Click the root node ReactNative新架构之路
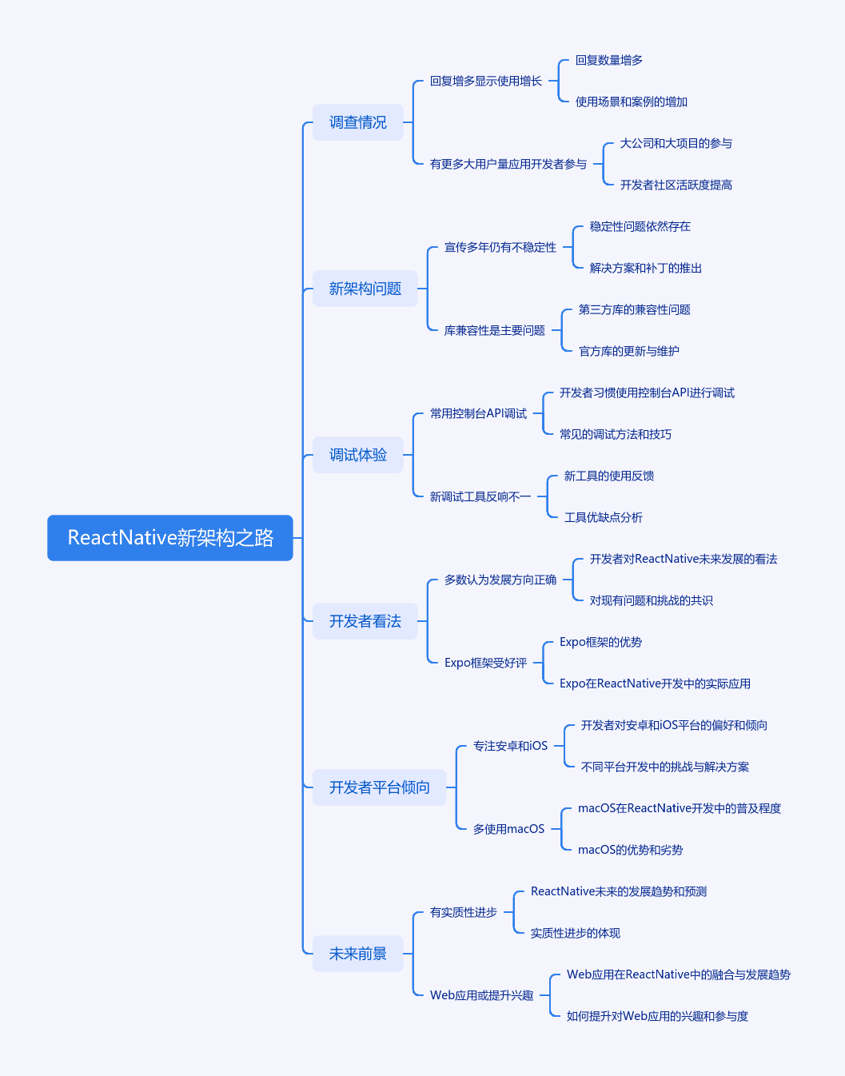(169, 537)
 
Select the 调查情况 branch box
(358, 122)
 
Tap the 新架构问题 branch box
(365, 289)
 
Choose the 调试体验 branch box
(358, 455)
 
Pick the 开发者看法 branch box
(365, 621)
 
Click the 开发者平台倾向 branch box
(379, 787)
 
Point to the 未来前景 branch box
(358, 954)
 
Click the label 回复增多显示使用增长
(485, 81)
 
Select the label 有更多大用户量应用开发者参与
(508, 164)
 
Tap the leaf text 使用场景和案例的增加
(631, 102)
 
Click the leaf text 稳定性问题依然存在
(640, 226)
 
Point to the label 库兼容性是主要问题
(495, 330)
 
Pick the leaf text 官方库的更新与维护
(628, 351)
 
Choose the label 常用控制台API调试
(478, 413)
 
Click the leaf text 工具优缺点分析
(603, 517)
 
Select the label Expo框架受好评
(485, 663)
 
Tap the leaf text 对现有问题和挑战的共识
(651, 600)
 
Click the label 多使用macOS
(508, 829)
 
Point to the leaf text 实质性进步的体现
(576, 933)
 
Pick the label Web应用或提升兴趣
(481, 995)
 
